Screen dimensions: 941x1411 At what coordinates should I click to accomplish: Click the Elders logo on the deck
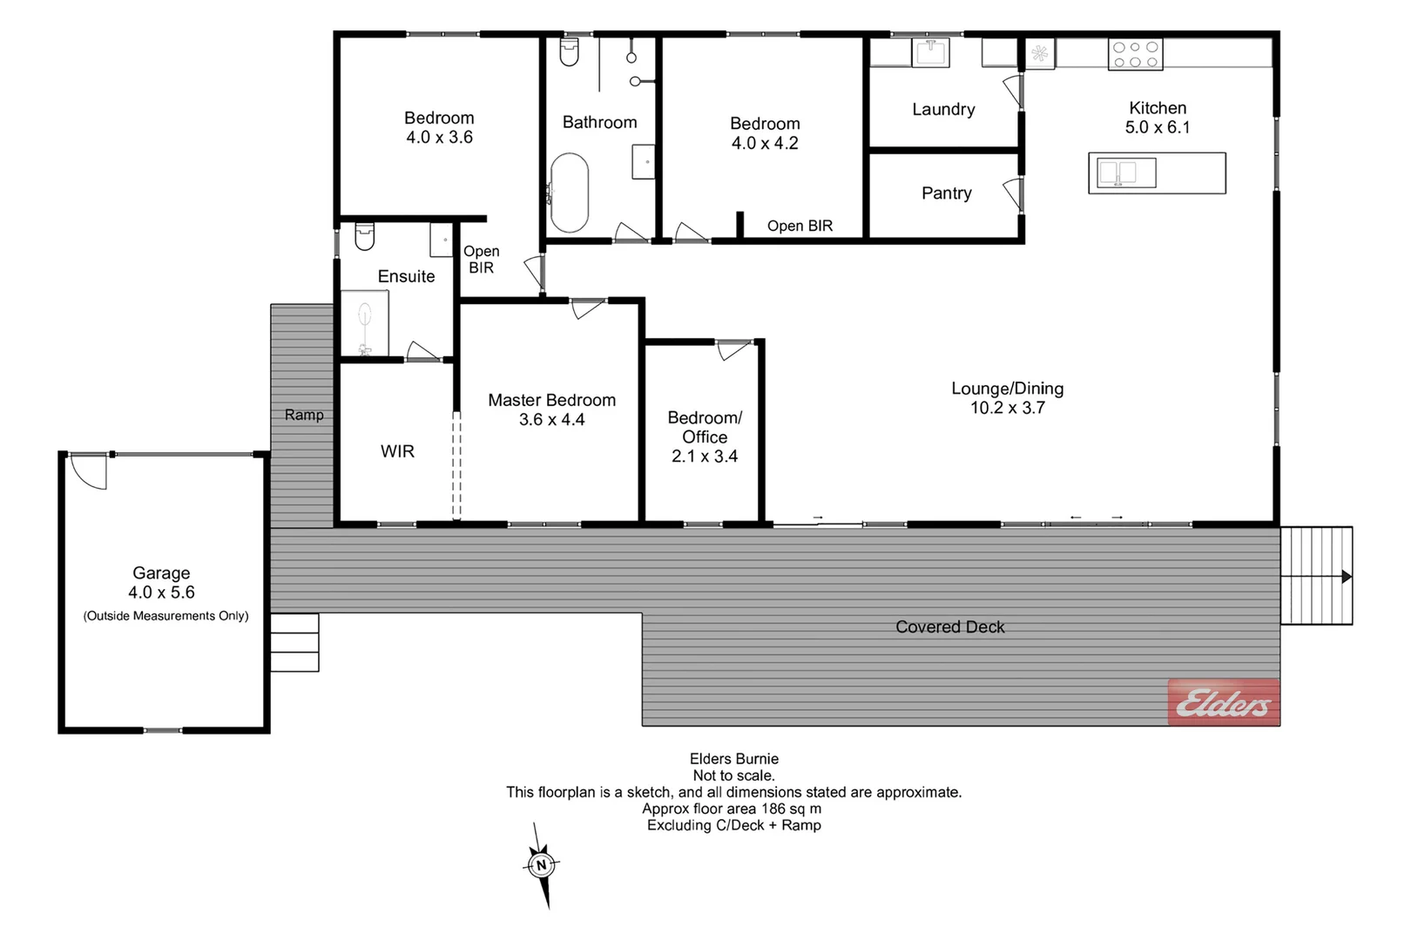(1223, 701)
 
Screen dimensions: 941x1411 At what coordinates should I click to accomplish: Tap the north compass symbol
(541, 865)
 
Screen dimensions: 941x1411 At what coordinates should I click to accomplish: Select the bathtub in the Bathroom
(570, 193)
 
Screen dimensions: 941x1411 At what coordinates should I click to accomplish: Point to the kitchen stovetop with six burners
(1135, 55)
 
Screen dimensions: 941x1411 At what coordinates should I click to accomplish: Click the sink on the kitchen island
(1126, 173)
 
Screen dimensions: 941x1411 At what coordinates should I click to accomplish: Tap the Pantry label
(946, 193)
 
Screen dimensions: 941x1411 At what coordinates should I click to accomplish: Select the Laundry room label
(942, 109)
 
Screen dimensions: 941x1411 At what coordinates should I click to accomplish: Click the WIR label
(397, 451)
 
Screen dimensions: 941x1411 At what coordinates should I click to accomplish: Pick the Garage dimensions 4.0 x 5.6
(161, 592)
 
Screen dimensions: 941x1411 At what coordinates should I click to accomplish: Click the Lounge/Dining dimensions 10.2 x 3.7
(1007, 408)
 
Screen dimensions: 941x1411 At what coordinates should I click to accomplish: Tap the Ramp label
(303, 415)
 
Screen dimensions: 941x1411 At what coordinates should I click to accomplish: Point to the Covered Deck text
(949, 626)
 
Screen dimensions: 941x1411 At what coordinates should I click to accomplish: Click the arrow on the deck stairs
(1346, 577)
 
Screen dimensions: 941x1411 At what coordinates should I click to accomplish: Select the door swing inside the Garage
(87, 471)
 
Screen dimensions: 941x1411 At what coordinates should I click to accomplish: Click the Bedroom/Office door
(733, 349)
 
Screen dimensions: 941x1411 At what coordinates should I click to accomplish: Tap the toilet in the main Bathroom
(570, 52)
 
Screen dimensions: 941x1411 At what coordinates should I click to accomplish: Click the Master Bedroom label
(551, 400)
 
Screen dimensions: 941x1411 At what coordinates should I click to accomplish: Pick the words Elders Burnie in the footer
(733, 759)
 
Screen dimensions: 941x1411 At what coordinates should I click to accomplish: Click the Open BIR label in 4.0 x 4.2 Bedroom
(800, 226)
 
